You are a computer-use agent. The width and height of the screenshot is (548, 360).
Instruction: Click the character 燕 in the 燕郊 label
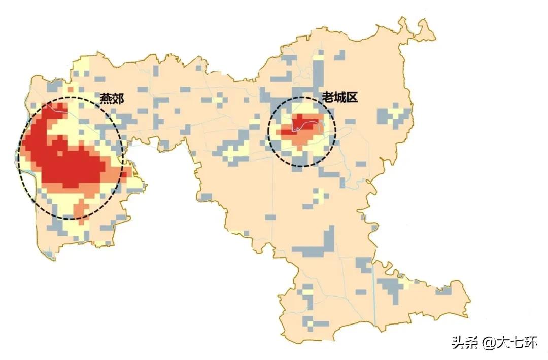106,99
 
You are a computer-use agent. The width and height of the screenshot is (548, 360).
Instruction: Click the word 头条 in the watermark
464,343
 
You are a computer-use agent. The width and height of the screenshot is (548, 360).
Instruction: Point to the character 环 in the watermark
530,343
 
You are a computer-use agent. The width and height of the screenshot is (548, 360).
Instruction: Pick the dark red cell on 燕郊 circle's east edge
125,172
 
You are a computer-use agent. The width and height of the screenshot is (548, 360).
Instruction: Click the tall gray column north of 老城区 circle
318,71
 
